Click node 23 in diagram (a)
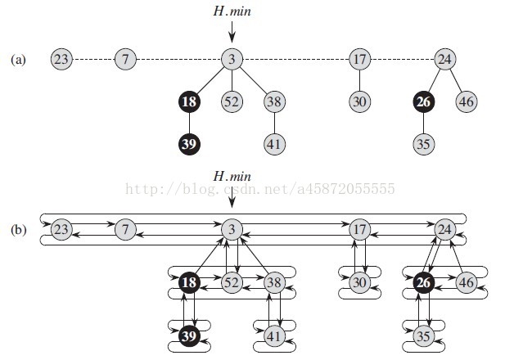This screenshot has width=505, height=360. pyautogui.click(x=61, y=59)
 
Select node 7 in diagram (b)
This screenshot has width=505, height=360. pyautogui.click(x=125, y=229)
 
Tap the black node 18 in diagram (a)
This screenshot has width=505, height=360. pyautogui.click(x=189, y=101)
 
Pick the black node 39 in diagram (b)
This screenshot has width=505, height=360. pyautogui.click(x=189, y=335)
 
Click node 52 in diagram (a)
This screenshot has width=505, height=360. pyautogui.click(x=232, y=101)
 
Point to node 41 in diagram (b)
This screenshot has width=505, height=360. pyautogui.click(x=274, y=335)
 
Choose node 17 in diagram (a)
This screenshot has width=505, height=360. pyautogui.click(x=360, y=59)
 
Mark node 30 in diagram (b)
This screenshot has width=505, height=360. pyautogui.click(x=360, y=282)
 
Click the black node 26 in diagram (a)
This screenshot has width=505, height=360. pyautogui.click(x=423, y=101)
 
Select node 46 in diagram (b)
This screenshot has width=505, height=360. pyautogui.click(x=467, y=282)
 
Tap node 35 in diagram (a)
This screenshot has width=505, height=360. pyautogui.click(x=423, y=144)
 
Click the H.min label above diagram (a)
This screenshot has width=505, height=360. pyautogui.click(x=232, y=11)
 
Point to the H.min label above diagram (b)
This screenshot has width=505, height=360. pyautogui.click(x=232, y=176)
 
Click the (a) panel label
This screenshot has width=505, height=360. pyautogui.click(x=18, y=60)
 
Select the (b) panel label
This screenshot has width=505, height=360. pyautogui.click(x=18, y=230)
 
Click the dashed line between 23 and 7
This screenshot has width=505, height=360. pyautogui.click(x=94, y=59)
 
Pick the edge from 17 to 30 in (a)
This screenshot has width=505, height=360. pyautogui.click(x=360, y=80)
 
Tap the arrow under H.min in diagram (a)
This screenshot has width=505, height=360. pyautogui.click(x=232, y=32)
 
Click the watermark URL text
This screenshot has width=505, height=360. pyautogui.click(x=260, y=189)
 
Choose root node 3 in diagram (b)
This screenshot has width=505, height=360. pyautogui.click(x=232, y=229)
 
